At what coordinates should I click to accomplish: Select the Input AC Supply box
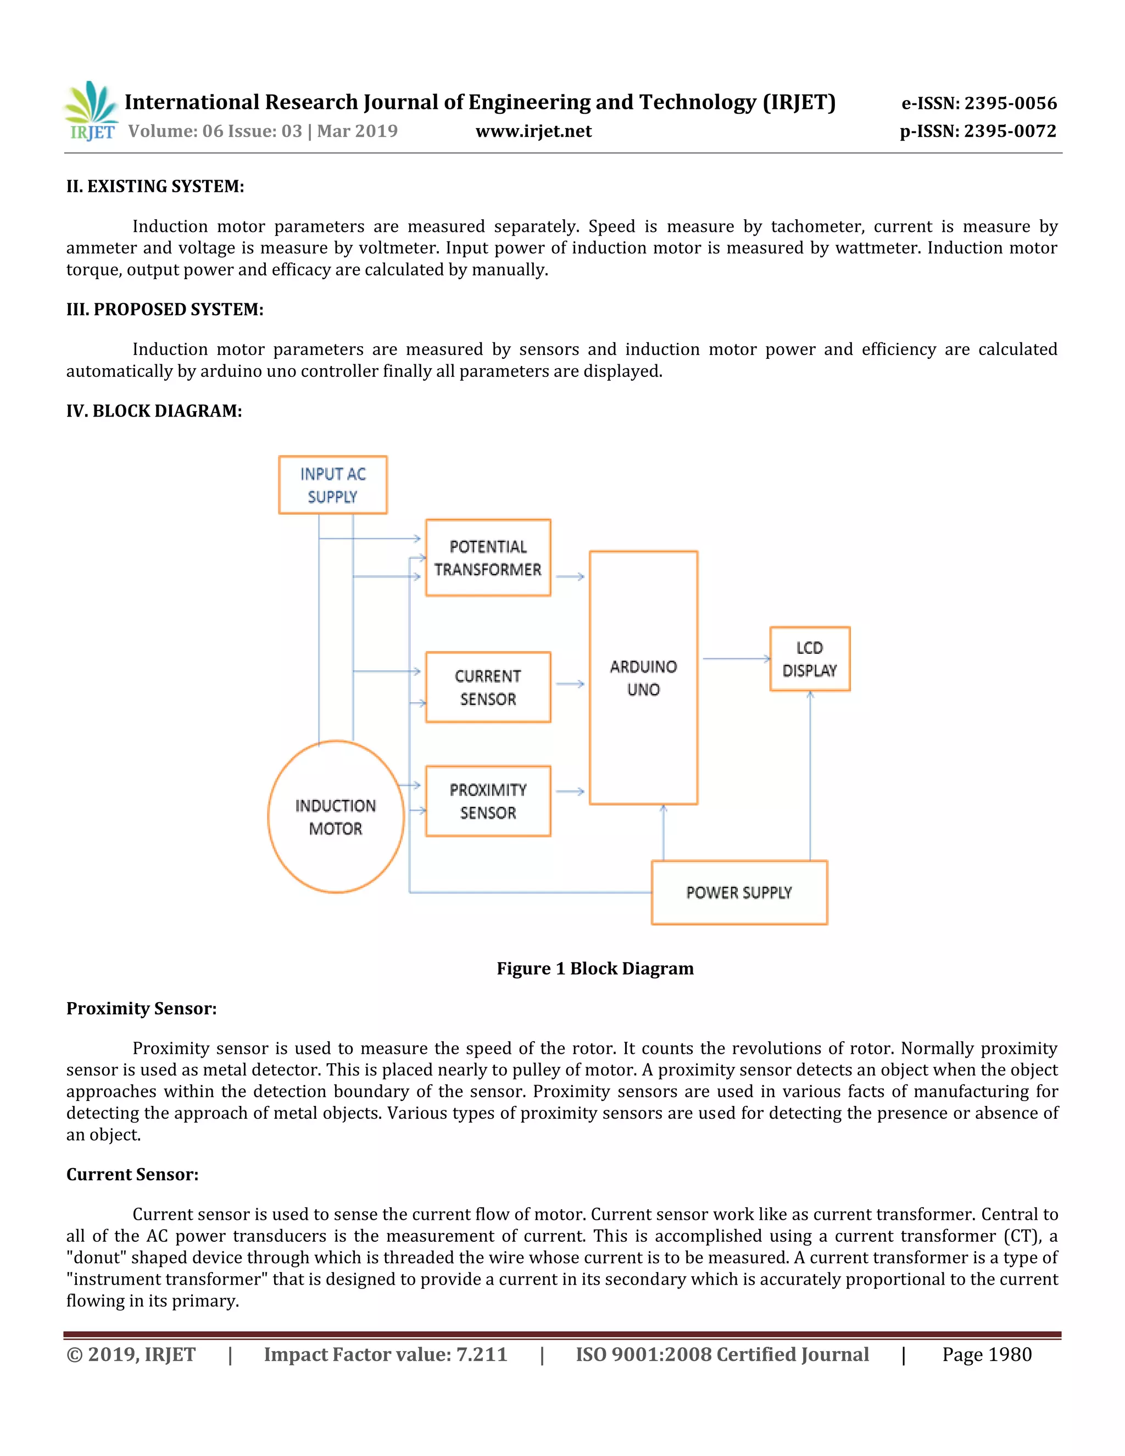(x=332, y=485)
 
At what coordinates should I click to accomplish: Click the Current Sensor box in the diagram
(x=488, y=687)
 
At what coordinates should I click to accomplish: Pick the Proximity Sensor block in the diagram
(x=488, y=801)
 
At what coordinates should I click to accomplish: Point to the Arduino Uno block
(x=643, y=677)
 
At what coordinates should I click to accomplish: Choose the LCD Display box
(x=810, y=659)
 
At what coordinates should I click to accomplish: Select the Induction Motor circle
(x=336, y=816)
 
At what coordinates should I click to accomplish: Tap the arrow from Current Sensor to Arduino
(x=570, y=684)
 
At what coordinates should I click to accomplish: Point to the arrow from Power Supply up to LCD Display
(x=810, y=777)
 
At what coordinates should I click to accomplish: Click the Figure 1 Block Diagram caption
(x=595, y=968)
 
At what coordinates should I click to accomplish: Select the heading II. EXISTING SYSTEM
(x=155, y=186)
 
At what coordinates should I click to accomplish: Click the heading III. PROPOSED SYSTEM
(x=165, y=309)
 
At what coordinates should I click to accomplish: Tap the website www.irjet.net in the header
(x=533, y=131)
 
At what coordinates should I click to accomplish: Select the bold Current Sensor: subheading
(x=132, y=1174)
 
